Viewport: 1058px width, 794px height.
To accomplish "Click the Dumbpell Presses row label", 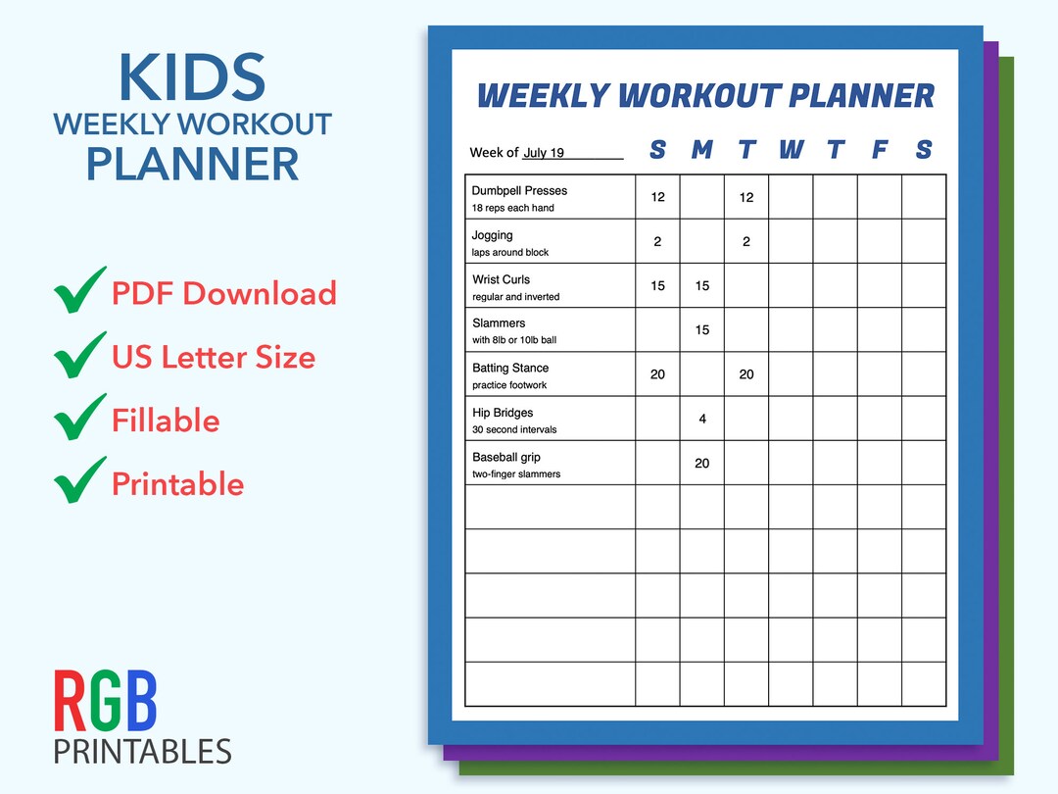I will click(519, 190).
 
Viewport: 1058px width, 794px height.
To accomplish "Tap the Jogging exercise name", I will click(493, 235).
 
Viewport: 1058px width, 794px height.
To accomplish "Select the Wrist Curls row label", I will click(501, 279).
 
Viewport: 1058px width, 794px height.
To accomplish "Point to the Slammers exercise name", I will click(499, 323).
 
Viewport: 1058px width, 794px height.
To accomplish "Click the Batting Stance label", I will click(510, 368).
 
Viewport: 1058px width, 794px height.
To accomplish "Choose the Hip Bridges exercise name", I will click(503, 413).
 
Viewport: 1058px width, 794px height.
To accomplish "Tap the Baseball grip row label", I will click(506, 457).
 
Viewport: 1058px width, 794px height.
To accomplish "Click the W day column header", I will click(791, 150).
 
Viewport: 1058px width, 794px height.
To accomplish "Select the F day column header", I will click(880, 150).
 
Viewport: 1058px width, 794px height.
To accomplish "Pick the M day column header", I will click(701, 150).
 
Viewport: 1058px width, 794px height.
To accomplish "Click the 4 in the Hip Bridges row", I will click(702, 420).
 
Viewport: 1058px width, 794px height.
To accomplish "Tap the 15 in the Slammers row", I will click(702, 330).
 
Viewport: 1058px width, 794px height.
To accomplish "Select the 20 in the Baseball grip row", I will click(702, 464).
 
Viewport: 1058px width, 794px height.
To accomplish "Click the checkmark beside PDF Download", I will click(79, 292).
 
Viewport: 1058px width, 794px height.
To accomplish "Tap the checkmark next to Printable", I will click(79, 481).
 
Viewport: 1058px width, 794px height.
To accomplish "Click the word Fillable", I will click(166, 421).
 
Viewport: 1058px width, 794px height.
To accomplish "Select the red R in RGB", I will click(71, 701).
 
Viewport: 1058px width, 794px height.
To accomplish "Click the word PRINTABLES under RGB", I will click(143, 752).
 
